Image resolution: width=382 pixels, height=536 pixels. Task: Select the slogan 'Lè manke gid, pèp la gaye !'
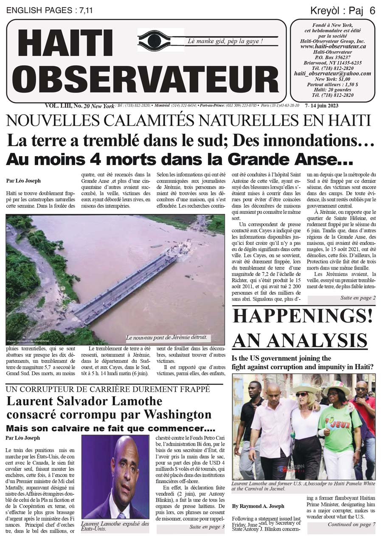[x=225, y=42]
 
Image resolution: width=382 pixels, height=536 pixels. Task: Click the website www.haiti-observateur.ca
[x=333, y=46]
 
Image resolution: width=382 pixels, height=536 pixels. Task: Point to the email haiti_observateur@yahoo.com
[x=332, y=73]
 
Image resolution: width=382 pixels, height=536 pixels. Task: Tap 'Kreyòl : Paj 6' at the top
[x=343, y=11]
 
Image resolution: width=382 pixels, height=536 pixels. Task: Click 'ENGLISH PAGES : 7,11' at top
[x=50, y=11]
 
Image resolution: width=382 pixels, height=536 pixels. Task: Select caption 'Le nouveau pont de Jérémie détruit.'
[x=166, y=338]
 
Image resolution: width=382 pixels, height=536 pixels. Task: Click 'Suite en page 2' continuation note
[x=357, y=298]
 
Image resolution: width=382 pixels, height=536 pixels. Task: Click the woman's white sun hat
[x=305, y=387]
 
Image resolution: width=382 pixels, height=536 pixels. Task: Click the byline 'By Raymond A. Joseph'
[x=258, y=506]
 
